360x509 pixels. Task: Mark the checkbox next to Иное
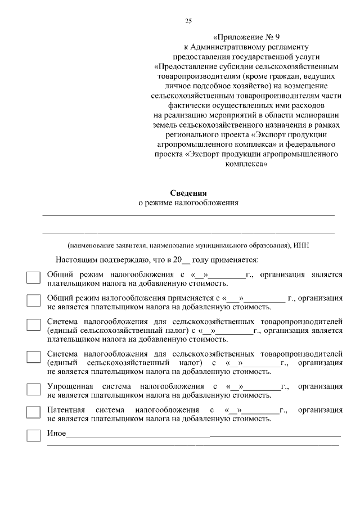[34, 435]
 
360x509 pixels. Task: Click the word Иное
[56, 433]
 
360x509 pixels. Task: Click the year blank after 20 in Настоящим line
[187, 261]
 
